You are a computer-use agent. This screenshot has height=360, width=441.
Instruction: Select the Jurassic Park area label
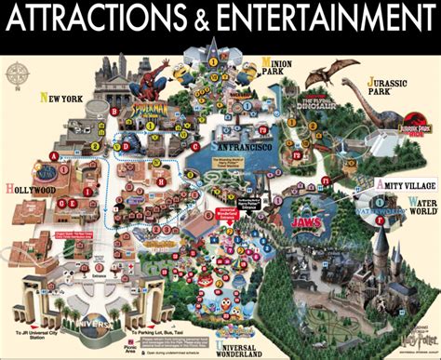click(394, 87)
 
